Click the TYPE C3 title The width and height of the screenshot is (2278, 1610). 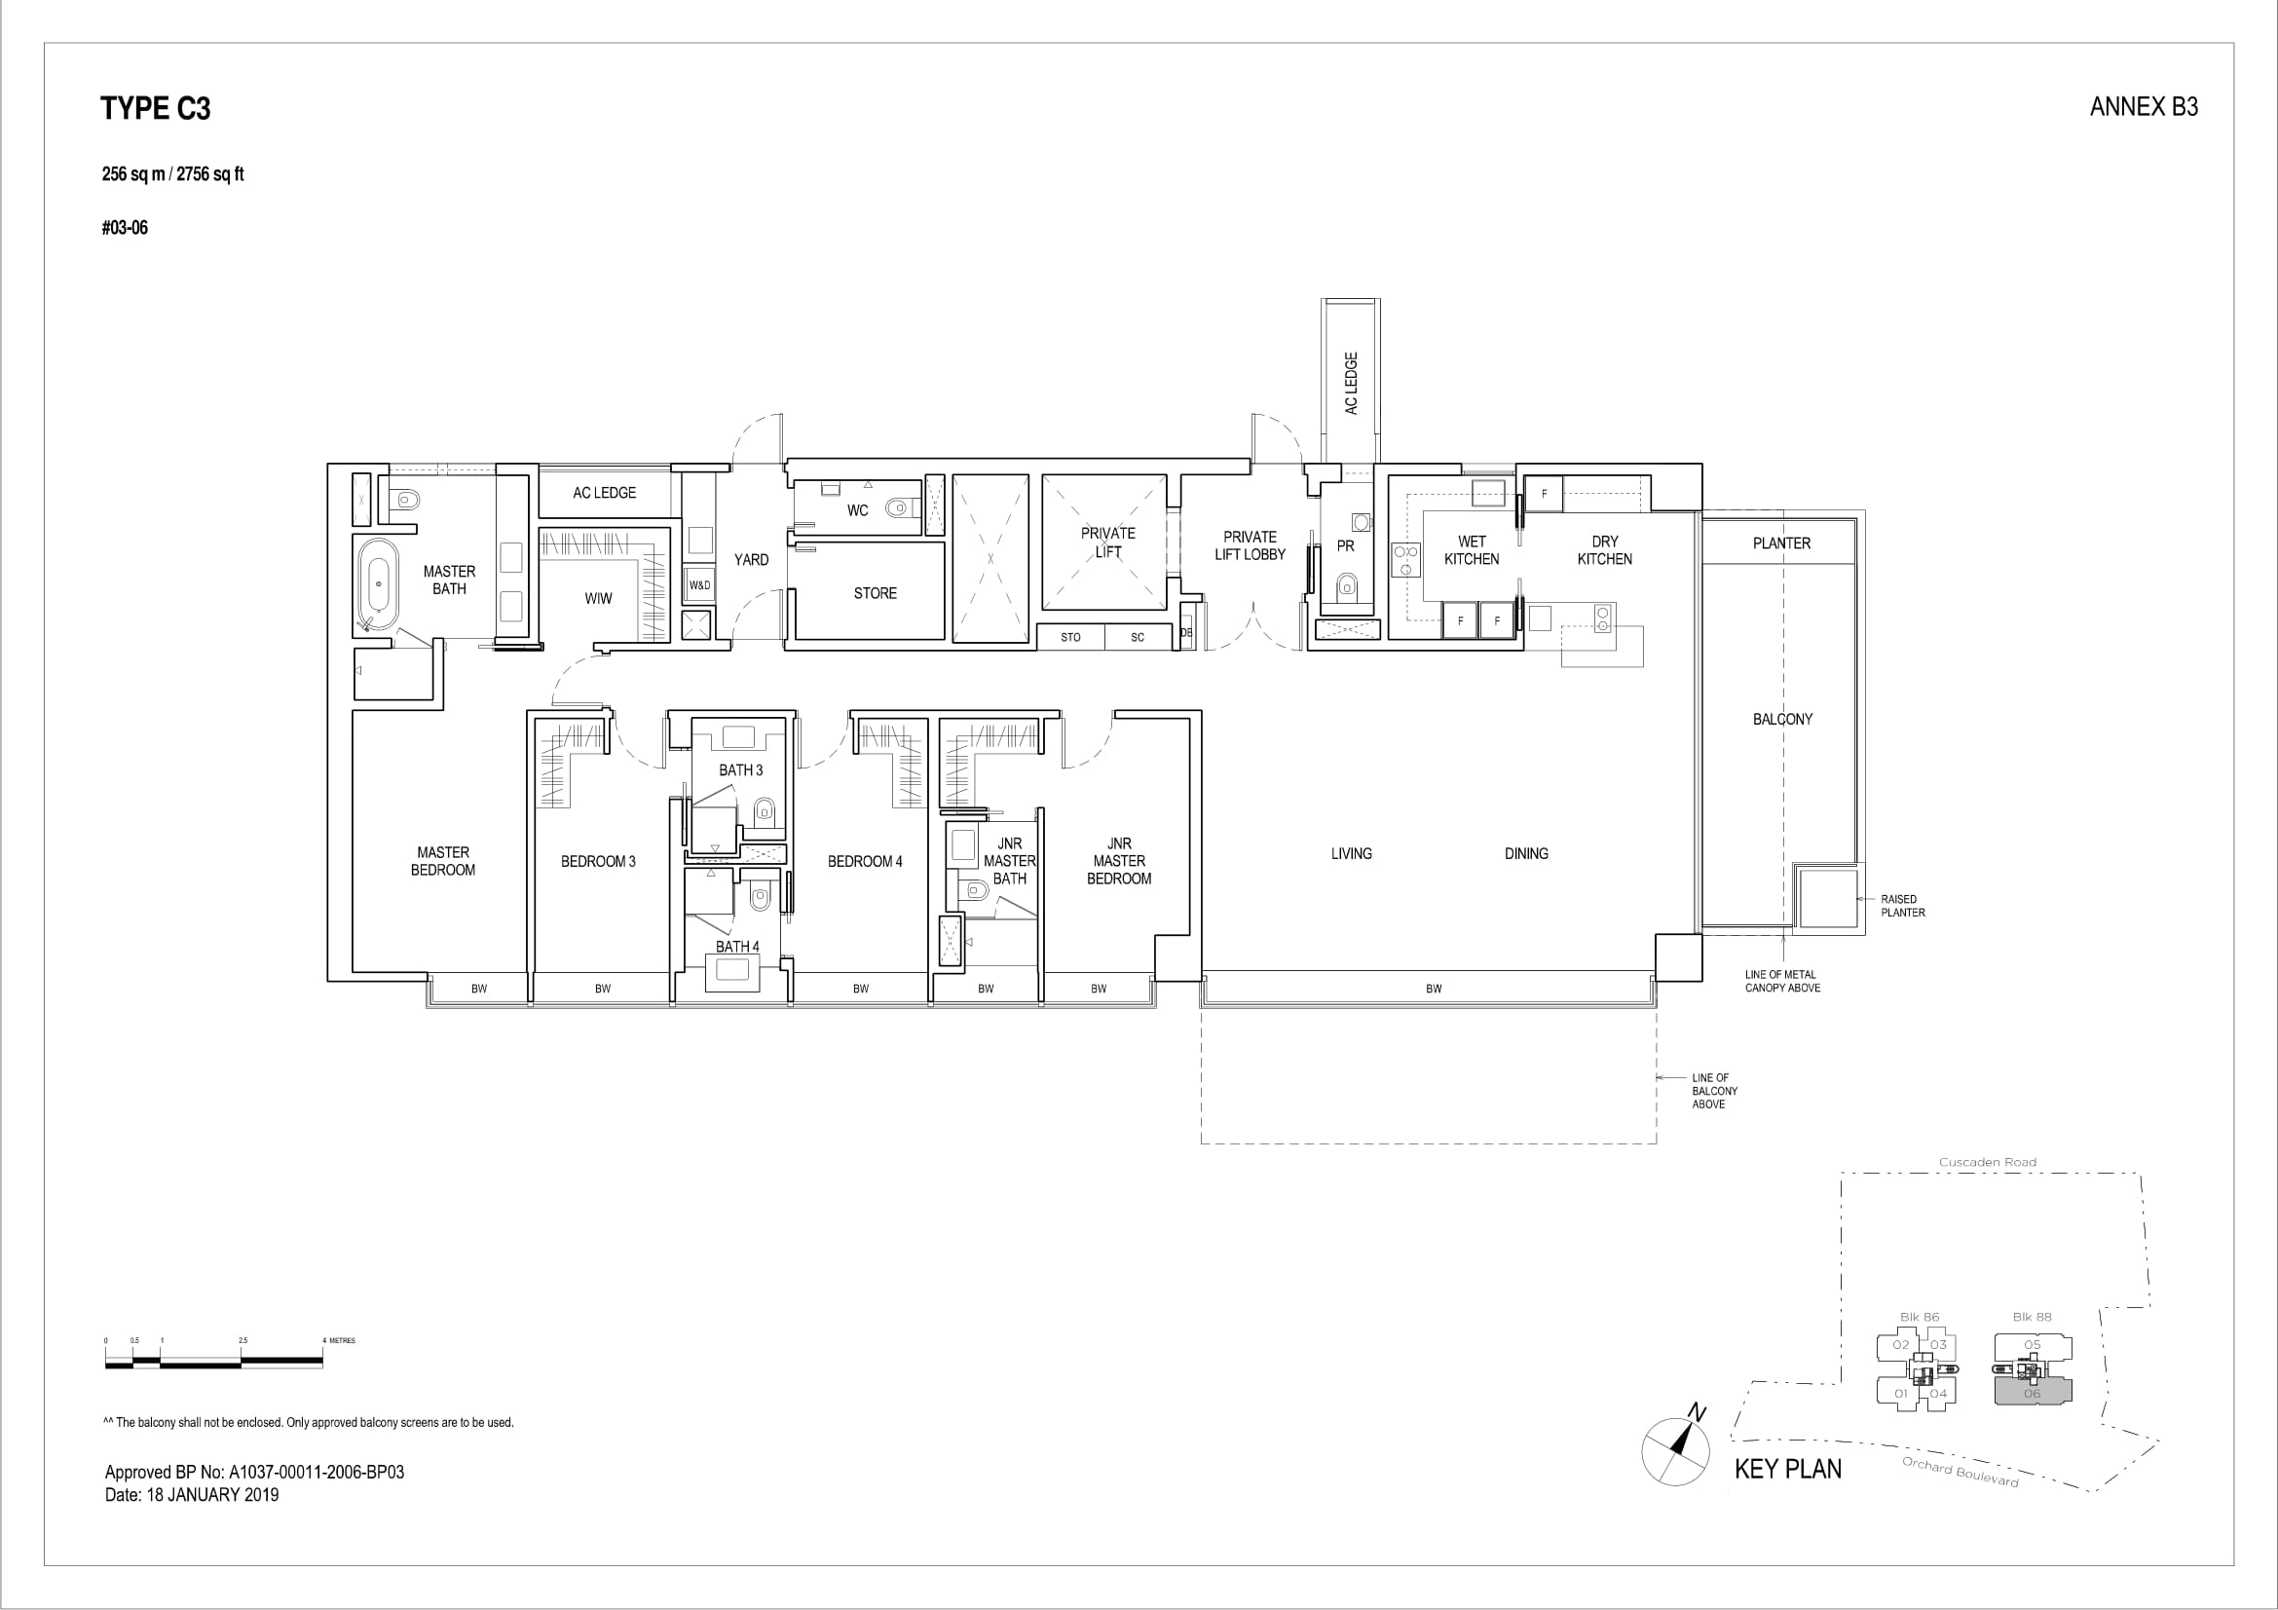click(x=156, y=108)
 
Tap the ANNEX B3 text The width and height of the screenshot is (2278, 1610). click(x=2144, y=107)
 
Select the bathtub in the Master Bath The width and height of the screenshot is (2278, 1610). click(x=378, y=585)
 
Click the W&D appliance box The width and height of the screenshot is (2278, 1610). click(x=699, y=585)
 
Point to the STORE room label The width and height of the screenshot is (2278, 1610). click(x=876, y=593)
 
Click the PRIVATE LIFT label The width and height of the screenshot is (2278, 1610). click(x=1108, y=543)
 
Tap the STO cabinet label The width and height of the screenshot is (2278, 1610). click(x=1070, y=638)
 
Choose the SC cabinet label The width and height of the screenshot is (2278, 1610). click(x=1138, y=638)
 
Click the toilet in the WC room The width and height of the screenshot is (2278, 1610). click(x=899, y=508)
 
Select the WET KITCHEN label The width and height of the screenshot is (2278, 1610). click(x=1472, y=550)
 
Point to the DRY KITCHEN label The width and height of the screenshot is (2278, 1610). click(x=1604, y=550)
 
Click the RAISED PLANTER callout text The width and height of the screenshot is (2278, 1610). click(x=1903, y=906)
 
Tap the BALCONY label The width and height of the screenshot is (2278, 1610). click(x=1783, y=719)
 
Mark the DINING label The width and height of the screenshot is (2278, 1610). click(x=1526, y=853)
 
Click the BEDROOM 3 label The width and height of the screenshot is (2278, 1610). click(x=598, y=861)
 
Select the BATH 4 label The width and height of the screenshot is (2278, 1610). click(x=737, y=947)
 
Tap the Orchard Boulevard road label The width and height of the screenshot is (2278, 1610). click(x=1961, y=1471)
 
